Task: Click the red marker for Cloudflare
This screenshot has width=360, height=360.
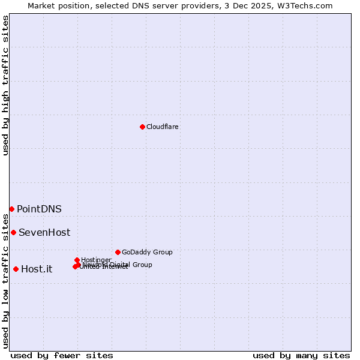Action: point(142,127)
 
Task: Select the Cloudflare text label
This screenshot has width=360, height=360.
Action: point(162,127)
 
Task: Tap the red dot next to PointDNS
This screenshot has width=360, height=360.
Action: point(11,209)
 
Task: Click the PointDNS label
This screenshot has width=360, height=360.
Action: point(39,209)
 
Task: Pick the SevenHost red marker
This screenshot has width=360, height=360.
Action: point(13,232)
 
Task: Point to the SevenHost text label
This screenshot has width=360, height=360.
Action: point(44,232)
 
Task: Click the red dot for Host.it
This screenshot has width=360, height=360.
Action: point(16,269)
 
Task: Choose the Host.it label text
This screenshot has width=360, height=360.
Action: point(37,269)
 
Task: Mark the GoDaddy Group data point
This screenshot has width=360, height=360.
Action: point(118,252)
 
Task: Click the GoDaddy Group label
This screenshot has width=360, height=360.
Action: point(147,252)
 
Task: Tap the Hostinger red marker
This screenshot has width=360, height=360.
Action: point(77,260)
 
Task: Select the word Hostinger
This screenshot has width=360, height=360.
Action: point(97,260)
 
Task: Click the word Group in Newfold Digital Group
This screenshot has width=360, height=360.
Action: point(142,265)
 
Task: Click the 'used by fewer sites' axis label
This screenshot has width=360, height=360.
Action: point(62,355)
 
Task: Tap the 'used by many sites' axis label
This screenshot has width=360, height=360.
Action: point(301,355)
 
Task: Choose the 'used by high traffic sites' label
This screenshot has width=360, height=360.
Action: point(5,85)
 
